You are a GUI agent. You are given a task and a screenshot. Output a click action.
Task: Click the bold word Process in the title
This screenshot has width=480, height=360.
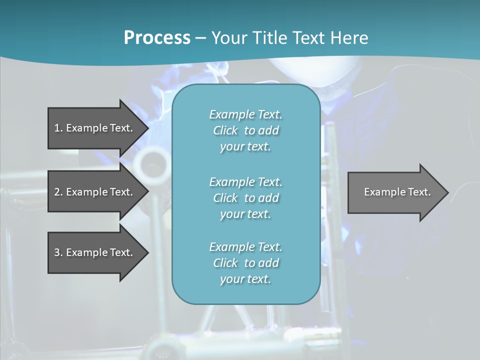pyautogui.click(x=157, y=38)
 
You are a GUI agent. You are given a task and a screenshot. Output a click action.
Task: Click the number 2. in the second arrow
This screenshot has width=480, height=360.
pyautogui.click(x=58, y=192)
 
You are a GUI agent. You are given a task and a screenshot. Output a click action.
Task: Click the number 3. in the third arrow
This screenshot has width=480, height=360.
pyautogui.click(x=58, y=252)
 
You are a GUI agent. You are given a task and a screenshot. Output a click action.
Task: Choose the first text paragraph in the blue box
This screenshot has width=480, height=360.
pyautogui.click(x=245, y=130)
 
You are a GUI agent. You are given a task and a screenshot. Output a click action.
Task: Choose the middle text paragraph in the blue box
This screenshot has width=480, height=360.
pyautogui.click(x=245, y=197)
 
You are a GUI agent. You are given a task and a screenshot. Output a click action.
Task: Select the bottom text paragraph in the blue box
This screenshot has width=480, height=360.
pyautogui.click(x=245, y=263)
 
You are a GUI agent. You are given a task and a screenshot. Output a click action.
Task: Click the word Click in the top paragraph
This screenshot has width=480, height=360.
pyautogui.click(x=225, y=130)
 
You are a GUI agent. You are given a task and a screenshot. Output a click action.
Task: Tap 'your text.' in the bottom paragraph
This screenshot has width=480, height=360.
pyautogui.click(x=245, y=279)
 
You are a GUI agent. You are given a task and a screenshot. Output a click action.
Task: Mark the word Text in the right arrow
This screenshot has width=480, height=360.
pyautogui.click(x=420, y=192)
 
